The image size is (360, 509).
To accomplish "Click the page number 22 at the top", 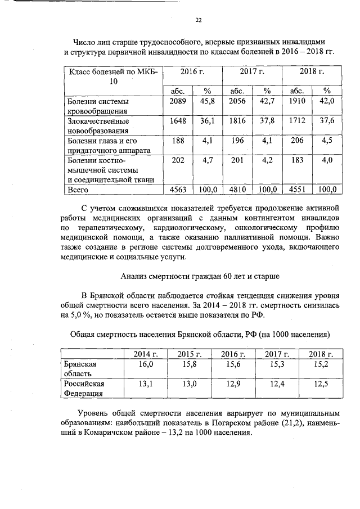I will click(197, 20).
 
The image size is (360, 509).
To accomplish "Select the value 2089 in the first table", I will click(177, 101).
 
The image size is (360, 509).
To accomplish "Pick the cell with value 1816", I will click(237, 121).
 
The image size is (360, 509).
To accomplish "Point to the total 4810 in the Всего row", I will click(237, 190).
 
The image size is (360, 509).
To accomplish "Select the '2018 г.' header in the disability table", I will click(311, 72).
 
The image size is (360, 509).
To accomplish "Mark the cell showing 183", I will click(296, 160).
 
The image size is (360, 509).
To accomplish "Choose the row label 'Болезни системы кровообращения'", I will click(98, 106).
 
